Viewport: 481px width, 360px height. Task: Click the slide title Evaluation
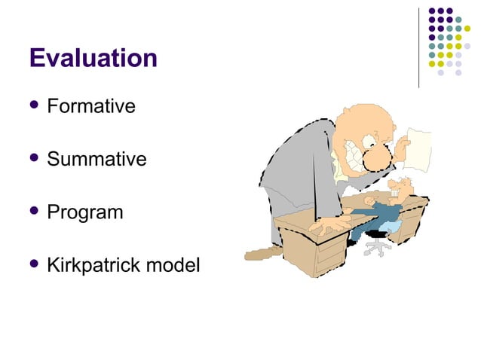(x=93, y=58)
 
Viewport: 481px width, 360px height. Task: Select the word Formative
(x=90, y=106)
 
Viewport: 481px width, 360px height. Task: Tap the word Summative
(x=97, y=160)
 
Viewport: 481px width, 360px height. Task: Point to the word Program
(x=84, y=213)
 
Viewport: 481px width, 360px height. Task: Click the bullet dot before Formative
(x=34, y=106)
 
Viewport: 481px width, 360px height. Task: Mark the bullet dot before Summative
(x=34, y=159)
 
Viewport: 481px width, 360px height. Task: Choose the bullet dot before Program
(x=34, y=212)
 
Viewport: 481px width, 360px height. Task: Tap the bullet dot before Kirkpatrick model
(x=34, y=265)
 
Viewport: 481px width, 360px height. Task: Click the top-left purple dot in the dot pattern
(x=432, y=12)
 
